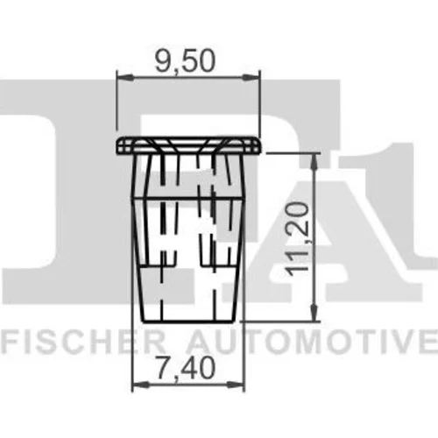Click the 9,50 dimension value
(185, 62)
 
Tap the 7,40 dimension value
(186, 368)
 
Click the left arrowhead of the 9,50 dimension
(125, 78)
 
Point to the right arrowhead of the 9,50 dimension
(251, 78)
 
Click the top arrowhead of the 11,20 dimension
(314, 161)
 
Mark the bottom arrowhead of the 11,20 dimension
(314, 313)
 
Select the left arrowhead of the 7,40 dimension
(140, 385)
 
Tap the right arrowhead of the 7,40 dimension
(236, 385)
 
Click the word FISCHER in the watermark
(84, 341)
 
